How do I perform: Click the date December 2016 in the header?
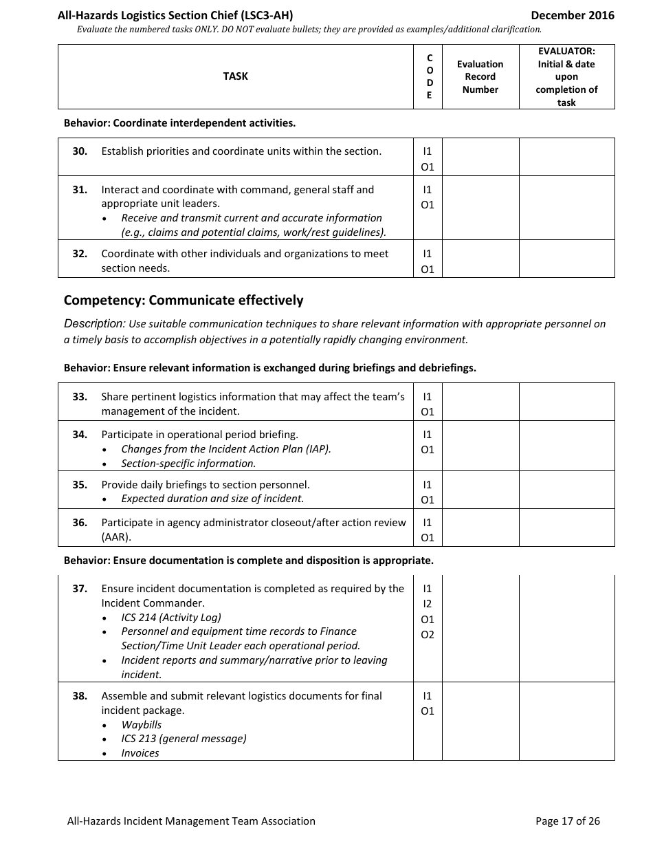point(572,15)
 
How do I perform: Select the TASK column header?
point(235,76)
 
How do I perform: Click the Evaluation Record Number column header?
point(480,76)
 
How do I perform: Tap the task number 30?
point(80,151)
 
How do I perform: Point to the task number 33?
point(80,397)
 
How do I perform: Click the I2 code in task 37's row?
point(428,604)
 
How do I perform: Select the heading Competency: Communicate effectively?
point(183,300)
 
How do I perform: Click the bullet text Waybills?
point(142,724)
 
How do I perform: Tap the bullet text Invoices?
point(140,753)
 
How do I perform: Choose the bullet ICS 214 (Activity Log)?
point(171,617)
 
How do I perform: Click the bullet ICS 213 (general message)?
point(184,739)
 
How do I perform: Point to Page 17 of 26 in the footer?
point(567,821)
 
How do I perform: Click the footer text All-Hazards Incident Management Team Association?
point(191,821)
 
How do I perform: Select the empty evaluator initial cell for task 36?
point(566,528)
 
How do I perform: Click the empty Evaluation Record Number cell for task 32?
point(480,259)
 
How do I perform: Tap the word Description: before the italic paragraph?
point(94,323)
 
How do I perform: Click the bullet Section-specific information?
point(188,464)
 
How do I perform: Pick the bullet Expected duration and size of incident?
point(212,499)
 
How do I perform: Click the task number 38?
point(80,696)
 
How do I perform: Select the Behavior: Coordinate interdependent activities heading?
point(179,123)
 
